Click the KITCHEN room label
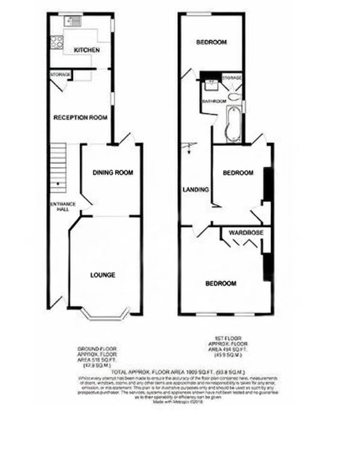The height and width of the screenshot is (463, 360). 87,50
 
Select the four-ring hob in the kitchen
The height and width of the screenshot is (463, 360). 56,42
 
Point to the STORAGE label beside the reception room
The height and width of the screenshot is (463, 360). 60,75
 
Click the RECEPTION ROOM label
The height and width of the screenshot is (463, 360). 80,117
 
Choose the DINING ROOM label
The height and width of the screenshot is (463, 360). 113,173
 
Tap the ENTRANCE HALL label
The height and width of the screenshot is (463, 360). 63,207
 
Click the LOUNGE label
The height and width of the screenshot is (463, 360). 102,275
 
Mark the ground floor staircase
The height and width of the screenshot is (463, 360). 59,168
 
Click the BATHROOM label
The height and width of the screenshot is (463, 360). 214,101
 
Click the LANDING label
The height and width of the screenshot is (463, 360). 195,189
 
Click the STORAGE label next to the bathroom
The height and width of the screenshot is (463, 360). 232,78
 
